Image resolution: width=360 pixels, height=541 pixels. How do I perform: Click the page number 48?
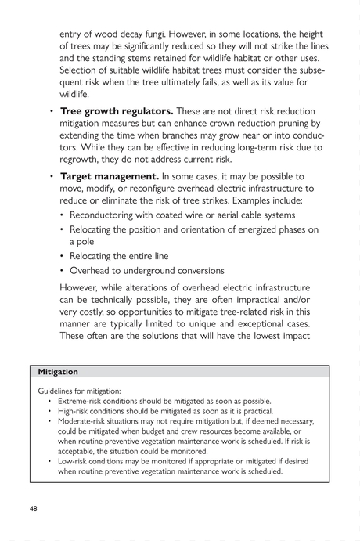pos(34,508)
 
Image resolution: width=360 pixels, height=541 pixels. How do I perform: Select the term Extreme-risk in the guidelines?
pos(82,400)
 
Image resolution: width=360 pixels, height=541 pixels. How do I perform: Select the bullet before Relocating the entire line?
pos(63,257)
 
